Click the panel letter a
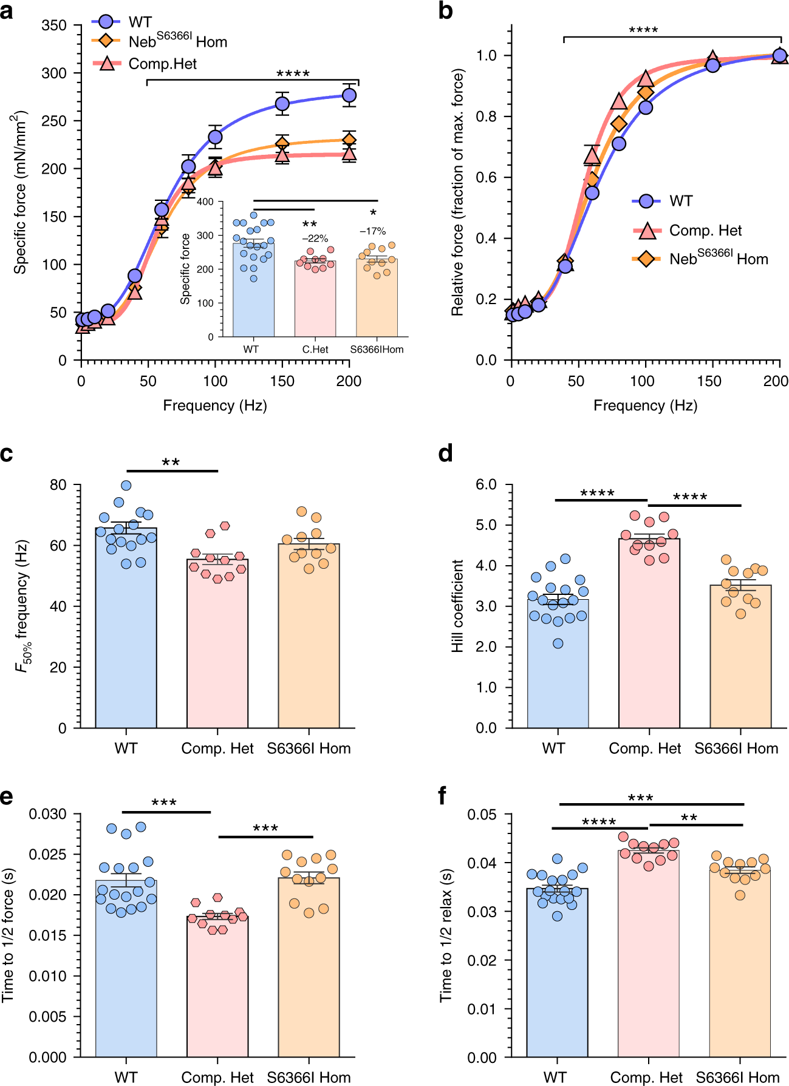[x=7, y=11]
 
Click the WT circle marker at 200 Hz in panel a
[x=349, y=95]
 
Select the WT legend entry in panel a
[x=140, y=22]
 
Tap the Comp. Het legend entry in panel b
[x=705, y=231]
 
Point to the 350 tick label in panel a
[x=54, y=25]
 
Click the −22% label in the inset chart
[x=315, y=239]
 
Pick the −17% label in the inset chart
[x=373, y=231]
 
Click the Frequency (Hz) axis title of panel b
[x=645, y=406]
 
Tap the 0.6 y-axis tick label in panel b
[x=486, y=177]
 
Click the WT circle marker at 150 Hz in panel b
[x=712, y=65]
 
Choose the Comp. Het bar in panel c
[x=217, y=643]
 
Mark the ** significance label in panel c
[x=171, y=463]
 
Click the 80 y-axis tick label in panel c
[x=58, y=485]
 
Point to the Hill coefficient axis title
[x=457, y=606]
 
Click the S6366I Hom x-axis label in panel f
[x=737, y=1078]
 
